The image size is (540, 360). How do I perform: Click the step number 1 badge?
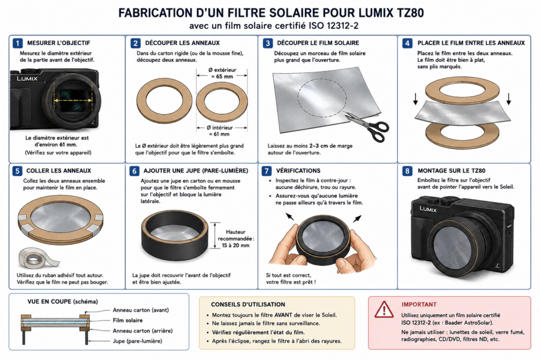point(17,43)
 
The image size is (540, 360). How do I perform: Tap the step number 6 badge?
point(134,171)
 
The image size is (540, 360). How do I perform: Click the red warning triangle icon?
point(384,309)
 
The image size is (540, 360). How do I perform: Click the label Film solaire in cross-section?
point(128,320)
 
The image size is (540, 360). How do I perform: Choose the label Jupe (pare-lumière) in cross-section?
point(138,341)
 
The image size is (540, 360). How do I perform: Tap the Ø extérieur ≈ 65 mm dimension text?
point(222,73)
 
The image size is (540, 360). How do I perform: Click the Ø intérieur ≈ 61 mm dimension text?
point(220,131)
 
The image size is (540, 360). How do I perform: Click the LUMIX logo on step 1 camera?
point(27,79)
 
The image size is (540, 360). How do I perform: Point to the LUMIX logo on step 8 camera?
point(428,209)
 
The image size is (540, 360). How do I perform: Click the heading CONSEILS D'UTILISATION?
point(248,304)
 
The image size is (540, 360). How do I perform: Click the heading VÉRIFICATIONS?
point(298,171)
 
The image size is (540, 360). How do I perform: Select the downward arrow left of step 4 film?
point(416,99)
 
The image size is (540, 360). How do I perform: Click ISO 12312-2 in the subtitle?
point(333,26)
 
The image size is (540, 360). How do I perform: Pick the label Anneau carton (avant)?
point(141,310)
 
